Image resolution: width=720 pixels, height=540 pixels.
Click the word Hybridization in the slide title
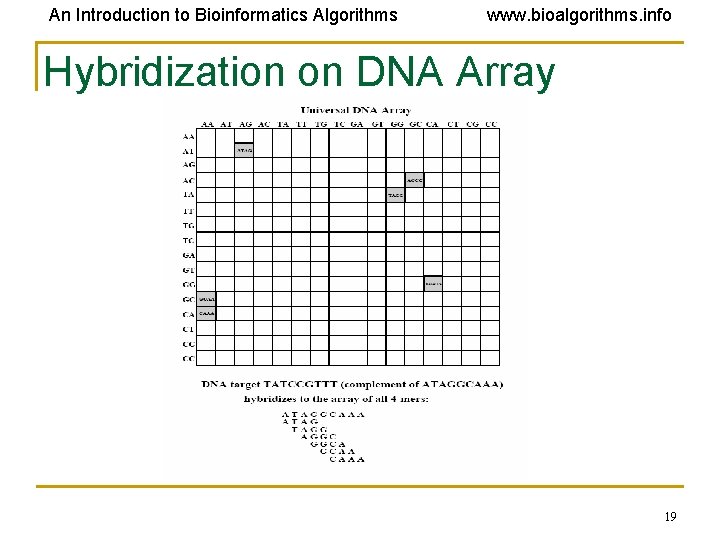pos(138,72)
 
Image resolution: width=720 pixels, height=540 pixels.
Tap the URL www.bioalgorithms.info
pos(579,15)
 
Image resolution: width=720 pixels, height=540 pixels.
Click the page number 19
pos(670,517)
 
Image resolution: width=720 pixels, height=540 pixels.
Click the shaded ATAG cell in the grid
pos(244,150)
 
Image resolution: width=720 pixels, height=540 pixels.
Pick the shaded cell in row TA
pos(396,195)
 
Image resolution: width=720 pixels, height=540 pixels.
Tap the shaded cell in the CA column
pos(433,284)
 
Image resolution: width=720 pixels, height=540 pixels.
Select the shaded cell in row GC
pos(206,299)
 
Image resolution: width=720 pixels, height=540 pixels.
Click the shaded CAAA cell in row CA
pos(206,313)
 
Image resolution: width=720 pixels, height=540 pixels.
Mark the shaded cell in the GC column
pos(415,180)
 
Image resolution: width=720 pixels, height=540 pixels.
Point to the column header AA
pos(207,124)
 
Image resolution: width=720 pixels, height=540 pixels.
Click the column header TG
pos(320,124)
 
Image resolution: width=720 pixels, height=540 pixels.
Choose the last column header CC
pos(490,124)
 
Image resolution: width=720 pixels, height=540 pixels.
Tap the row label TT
pos(188,211)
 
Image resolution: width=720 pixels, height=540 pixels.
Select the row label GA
pos(188,255)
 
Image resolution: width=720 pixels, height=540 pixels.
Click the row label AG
pos(188,164)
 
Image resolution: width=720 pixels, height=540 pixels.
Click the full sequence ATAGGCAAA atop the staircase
pos(323,414)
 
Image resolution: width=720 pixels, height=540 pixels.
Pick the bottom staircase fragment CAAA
pos(346,460)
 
